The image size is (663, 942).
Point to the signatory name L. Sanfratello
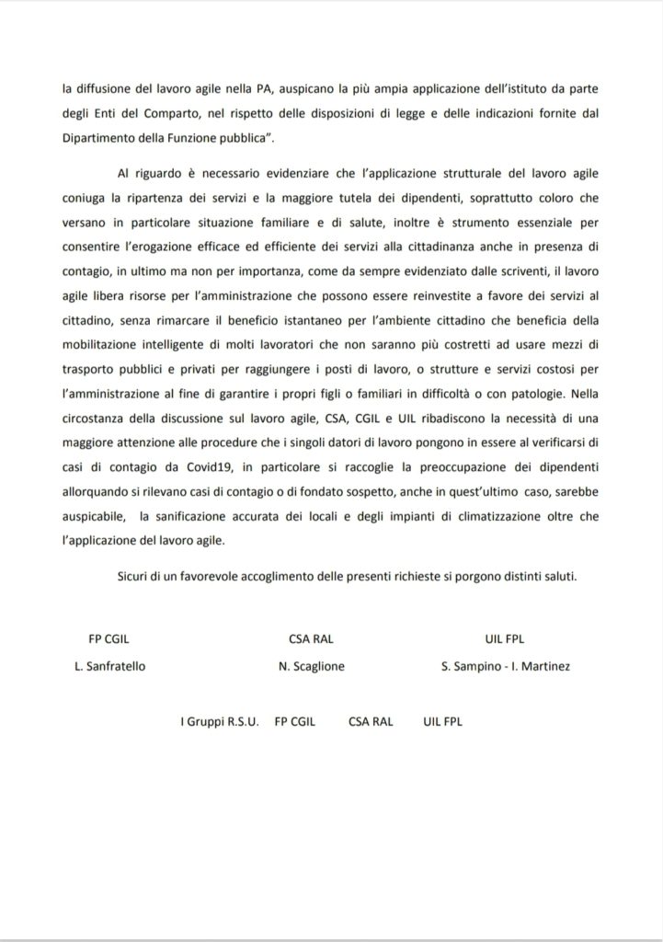[114, 665]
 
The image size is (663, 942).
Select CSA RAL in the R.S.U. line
[371, 721]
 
